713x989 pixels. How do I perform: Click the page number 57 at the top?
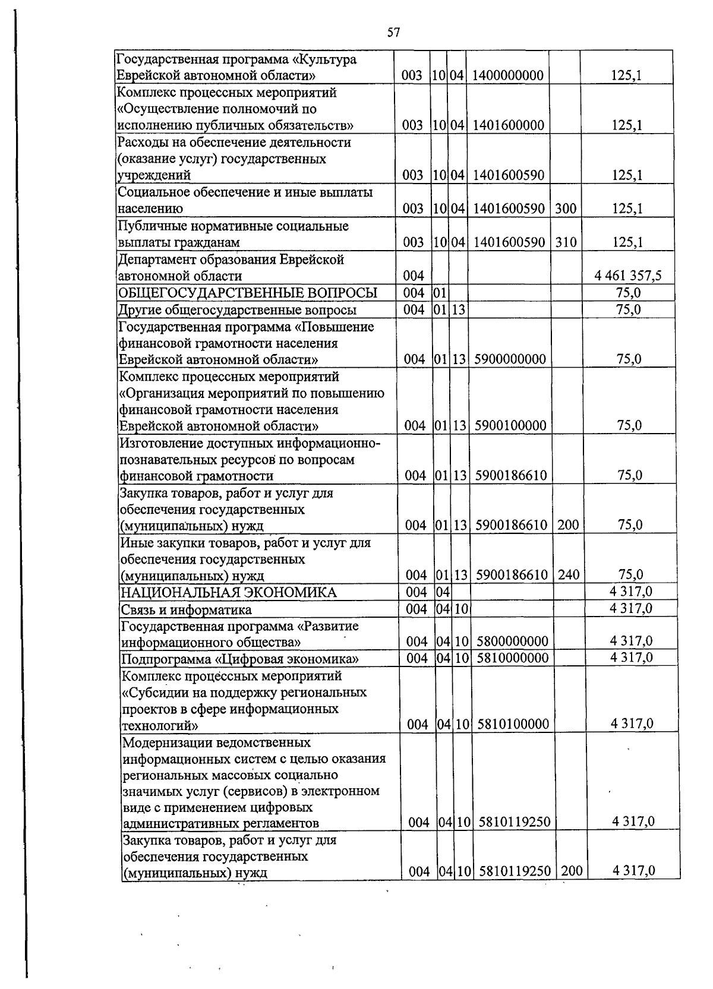tap(393, 33)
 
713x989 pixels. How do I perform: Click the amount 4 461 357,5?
tap(628, 276)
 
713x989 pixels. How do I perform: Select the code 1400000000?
tap(507, 75)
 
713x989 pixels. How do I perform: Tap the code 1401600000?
tap(507, 125)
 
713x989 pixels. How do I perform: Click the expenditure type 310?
tap(566, 242)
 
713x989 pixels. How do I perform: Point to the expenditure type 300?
tap(566, 208)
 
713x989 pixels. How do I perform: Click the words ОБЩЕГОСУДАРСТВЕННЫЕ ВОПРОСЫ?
tap(248, 293)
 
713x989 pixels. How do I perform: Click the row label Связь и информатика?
tap(186, 609)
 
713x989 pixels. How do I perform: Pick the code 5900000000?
tap(509, 359)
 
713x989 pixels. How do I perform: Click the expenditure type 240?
tap(569, 575)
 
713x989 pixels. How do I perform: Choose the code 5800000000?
tap(512, 642)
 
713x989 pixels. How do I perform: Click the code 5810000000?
tap(512, 658)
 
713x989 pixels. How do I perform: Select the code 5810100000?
tap(512, 724)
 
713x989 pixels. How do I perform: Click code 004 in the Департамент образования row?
tap(414, 276)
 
